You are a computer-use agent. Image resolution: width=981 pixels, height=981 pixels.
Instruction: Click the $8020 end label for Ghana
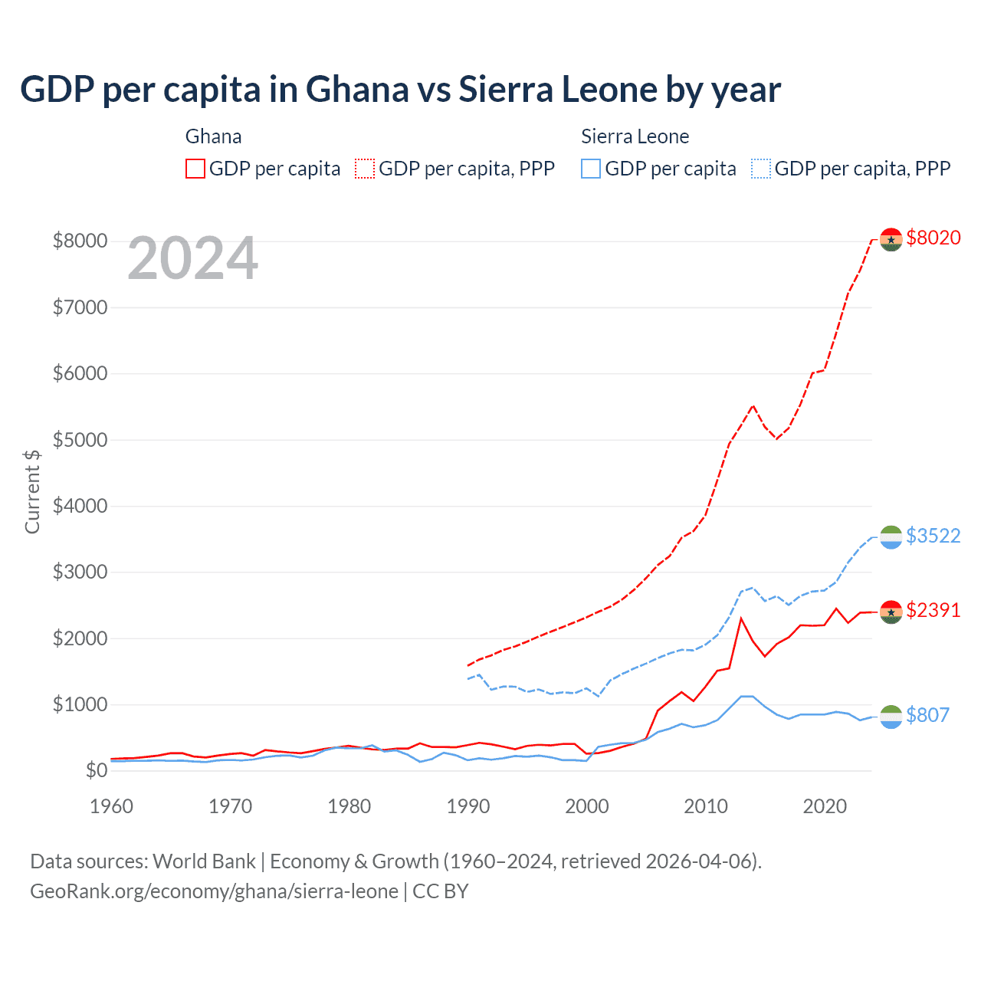933,238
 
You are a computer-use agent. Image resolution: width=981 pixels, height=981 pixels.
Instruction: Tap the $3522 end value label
933,536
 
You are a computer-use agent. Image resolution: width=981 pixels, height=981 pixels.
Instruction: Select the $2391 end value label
933,610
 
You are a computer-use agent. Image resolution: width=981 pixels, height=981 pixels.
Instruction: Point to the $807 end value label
927,715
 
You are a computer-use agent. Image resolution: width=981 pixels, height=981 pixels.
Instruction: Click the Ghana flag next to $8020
891,239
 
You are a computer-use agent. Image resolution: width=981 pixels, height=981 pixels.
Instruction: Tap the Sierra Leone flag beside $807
891,717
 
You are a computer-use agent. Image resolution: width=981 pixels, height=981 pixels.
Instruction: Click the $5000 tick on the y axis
80,440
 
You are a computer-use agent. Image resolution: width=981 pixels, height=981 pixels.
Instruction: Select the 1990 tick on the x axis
468,806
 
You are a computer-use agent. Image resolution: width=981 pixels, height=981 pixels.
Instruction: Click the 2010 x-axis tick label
706,806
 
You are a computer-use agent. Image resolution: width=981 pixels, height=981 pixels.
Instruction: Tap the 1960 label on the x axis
112,806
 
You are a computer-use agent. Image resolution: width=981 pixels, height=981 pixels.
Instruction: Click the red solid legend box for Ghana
195,169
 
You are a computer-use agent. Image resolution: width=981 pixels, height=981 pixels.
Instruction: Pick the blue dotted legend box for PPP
761,169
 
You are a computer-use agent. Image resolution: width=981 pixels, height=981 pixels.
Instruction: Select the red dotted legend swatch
365,169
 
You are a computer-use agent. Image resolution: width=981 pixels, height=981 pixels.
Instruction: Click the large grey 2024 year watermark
193,259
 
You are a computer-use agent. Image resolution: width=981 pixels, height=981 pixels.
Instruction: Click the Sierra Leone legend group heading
635,136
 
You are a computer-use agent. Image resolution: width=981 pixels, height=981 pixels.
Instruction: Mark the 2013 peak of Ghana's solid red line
741,618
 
